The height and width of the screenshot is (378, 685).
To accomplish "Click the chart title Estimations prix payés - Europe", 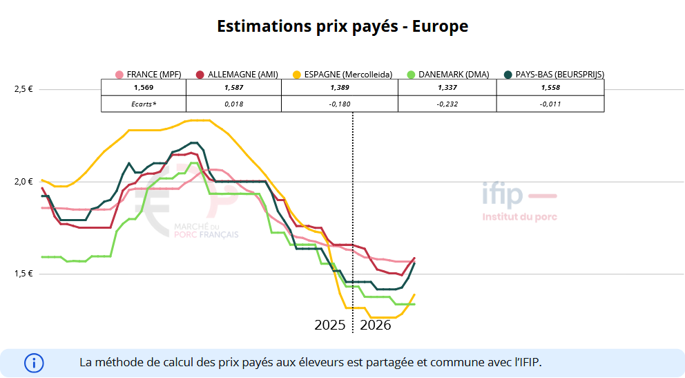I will [342, 26].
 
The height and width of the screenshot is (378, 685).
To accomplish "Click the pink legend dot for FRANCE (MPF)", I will [119, 75].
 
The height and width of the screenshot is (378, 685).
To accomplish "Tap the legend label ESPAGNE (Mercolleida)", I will [348, 75].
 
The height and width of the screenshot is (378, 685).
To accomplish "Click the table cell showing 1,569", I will [144, 88].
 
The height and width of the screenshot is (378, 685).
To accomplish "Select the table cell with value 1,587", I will [234, 88].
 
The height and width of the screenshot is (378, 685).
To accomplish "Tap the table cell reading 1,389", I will [340, 88].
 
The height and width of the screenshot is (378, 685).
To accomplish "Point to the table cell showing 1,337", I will [447, 88].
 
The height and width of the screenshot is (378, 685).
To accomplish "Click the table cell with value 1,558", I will [550, 88].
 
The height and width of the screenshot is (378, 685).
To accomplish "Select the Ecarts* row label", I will [144, 104].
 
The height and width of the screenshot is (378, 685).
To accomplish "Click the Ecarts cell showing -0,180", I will [340, 104].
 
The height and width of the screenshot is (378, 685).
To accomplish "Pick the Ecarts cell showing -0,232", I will [447, 104].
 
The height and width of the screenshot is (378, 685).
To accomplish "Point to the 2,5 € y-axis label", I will [23, 89].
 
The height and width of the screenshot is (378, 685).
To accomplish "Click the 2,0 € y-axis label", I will [23, 182].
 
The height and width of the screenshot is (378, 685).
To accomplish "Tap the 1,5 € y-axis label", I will [23, 274].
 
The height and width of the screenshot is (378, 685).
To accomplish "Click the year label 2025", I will [330, 325].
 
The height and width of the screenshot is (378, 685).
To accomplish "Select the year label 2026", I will [376, 325].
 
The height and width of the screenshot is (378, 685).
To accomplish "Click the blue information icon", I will [34, 363].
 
